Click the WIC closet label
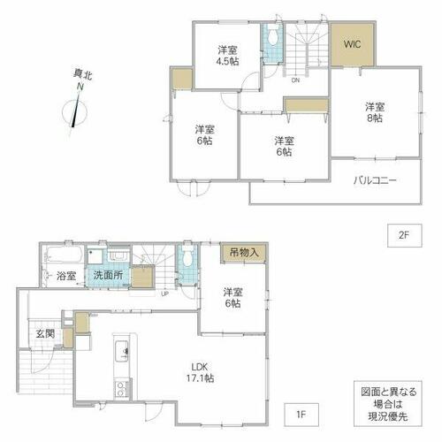pyautogui.click(x=352, y=44)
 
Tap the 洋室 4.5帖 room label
pyautogui.click(x=228, y=56)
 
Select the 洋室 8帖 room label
pyautogui.click(x=375, y=112)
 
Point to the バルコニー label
pyautogui.click(x=375, y=180)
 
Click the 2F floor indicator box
pyautogui.click(x=404, y=235)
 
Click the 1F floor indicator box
pyautogui.click(x=301, y=415)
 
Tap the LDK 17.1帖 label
pyautogui.click(x=200, y=372)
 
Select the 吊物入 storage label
pyautogui.click(x=244, y=253)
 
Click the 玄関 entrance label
pyautogui.click(x=45, y=333)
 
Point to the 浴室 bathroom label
pyautogui.click(x=66, y=276)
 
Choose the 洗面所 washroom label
pyautogui.click(x=108, y=275)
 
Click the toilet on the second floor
pyautogui.click(x=273, y=37)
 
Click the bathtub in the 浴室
pyautogui.click(x=65, y=255)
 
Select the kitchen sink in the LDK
pyautogui.click(x=121, y=351)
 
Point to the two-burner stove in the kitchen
pyautogui.click(x=121, y=389)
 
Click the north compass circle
pyautogui.click(x=75, y=113)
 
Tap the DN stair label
pyautogui.click(x=295, y=80)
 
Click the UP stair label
pyautogui.click(x=164, y=293)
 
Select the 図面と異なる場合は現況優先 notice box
pyautogui.click(x=388, y=404)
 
